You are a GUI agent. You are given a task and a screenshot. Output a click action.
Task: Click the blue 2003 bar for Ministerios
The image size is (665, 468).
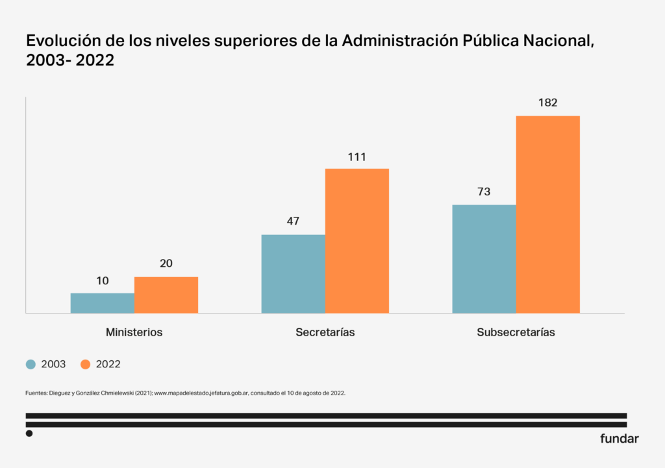[x=103, y=303]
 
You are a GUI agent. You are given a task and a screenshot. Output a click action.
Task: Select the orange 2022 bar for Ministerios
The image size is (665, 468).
[x=166, y=295]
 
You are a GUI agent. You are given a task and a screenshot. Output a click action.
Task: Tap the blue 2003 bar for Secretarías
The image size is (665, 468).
[x=293, y=274]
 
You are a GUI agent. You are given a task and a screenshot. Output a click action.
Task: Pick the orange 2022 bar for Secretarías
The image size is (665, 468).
[x=357, y=241]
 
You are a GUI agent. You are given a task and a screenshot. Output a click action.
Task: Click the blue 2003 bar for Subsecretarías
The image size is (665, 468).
[x=484, y=259]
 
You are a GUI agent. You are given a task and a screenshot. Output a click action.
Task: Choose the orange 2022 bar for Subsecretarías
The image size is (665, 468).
[x=547, y=214]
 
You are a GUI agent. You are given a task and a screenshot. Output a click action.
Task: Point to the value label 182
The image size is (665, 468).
[x=547, y=103]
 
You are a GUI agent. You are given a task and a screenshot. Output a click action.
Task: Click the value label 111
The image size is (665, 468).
[x=357, y=156]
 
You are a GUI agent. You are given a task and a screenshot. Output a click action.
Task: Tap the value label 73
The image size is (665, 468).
[x=484, y=192]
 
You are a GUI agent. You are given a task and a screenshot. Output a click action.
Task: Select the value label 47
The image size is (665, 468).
[x=293, y=221]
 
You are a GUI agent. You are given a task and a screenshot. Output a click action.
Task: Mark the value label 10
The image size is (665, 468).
[x=103, y=281]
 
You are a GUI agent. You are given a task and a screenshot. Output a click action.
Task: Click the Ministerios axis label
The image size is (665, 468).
[x=134, y=332]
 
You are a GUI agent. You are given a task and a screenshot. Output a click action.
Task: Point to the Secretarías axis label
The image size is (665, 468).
[x=325, y=332]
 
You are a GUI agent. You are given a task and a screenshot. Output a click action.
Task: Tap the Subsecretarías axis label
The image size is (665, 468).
[x=516, y=332]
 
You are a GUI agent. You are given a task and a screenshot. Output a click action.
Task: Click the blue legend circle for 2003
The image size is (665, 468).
[x=31, y=364]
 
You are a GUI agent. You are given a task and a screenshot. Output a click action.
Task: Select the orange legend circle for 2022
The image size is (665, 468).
[x=85, y=364]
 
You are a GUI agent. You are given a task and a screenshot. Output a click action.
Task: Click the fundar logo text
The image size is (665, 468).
[x=619, y=439]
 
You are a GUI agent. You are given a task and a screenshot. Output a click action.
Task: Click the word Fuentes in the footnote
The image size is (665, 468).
[x=37, y=393]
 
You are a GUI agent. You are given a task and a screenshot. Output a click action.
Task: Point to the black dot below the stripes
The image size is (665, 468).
[x=29, y=434]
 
